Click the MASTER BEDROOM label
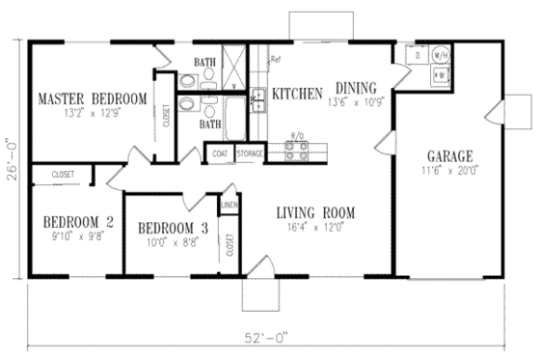point(92,98)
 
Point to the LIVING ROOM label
point(315,212)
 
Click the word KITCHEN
point(297,95)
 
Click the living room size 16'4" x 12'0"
point(315,228)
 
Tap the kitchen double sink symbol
point(258,98)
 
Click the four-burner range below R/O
point(297,150)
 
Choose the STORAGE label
point(250,153)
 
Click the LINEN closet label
point(229,205)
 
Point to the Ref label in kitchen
point(275,60)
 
